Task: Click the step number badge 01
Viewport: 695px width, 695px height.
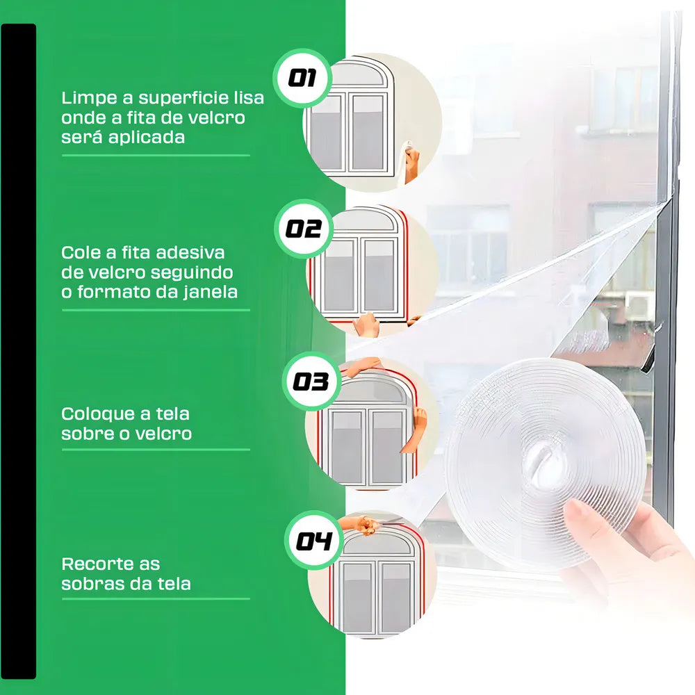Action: [302, 78]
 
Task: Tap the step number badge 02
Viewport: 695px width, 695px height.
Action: [304, 229]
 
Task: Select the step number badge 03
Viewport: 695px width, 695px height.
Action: [311, 382]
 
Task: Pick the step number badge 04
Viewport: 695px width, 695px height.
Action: [314, 540]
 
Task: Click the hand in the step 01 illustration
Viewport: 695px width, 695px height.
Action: [411, 162]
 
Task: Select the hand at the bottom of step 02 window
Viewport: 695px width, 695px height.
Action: [366, 325]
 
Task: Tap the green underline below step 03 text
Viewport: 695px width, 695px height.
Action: [156, 450]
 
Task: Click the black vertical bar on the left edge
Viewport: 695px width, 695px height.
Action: [18, 351]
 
